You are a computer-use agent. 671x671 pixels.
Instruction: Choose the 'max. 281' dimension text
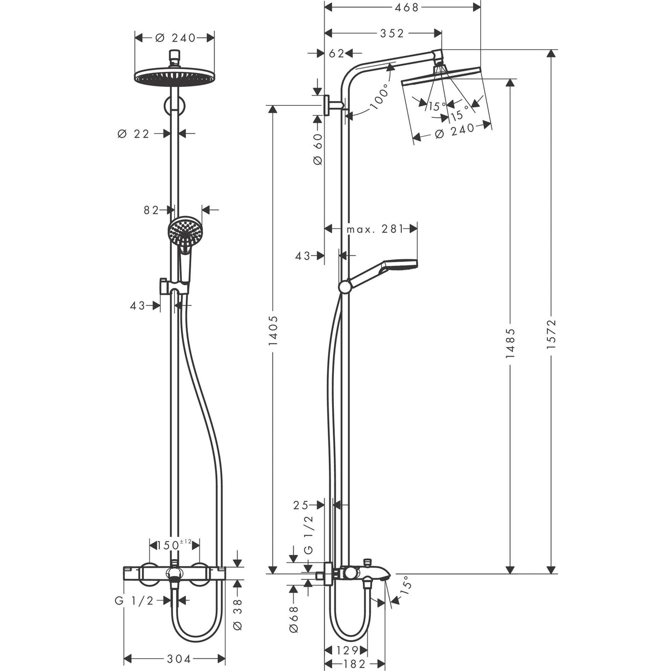(x=374, y=229)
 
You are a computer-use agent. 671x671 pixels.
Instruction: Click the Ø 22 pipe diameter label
(x=134, y=133)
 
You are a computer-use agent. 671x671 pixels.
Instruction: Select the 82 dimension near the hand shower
(x=151, y=209)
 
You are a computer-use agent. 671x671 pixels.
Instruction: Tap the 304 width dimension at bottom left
(x=179, y=659)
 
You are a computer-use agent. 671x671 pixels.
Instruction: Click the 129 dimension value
(x=346, y=650)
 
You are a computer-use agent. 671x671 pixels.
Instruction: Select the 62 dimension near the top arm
(x=336, y=53)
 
